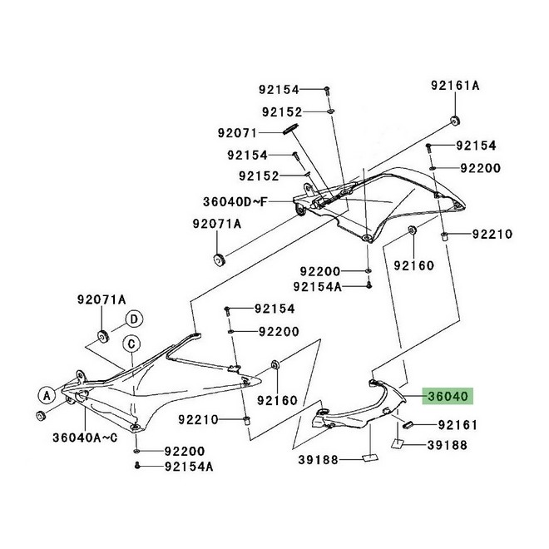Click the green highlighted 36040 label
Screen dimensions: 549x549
coord(448,396)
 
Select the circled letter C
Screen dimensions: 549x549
coord(131,344)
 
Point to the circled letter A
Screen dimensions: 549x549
coord(47,396)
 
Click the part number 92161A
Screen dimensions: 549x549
coord(455,86)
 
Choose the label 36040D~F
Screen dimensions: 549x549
coord(235,201)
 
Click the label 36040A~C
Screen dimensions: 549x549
coord(86,438)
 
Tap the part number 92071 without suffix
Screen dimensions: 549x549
coord(237,133)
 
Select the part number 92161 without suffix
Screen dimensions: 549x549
coord(458,425)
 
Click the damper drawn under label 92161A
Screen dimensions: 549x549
coord(455,120)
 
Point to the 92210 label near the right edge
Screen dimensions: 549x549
coord(492,234)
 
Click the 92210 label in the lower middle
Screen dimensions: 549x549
coord(198,419)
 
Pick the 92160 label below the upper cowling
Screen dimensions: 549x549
coord(414,265)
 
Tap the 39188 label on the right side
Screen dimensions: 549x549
coord(448,445)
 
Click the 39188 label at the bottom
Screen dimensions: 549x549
coord(319,460)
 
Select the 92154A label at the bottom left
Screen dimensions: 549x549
coord(189,467)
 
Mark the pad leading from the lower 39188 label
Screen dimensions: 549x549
coord(369,457)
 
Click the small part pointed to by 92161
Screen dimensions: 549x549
coord(408,425)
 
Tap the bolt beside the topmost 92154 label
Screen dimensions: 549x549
coord(327,91)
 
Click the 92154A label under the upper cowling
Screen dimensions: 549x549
coord(317,287)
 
